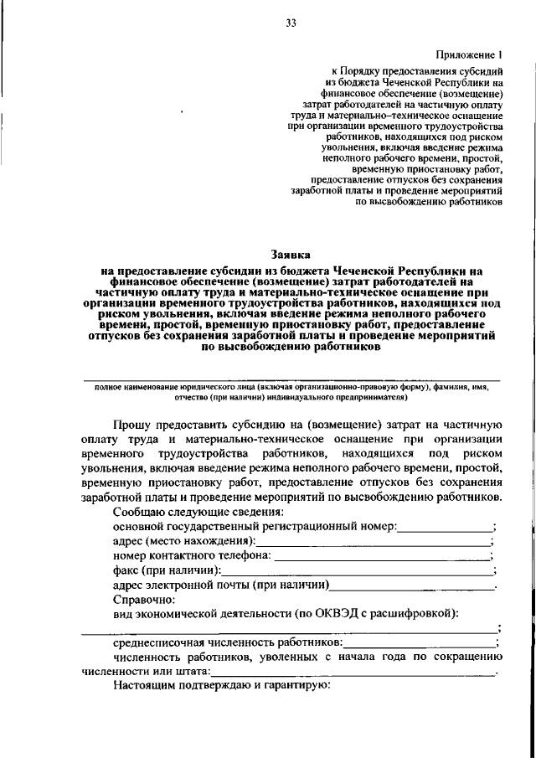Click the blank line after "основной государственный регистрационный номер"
coord(445,528)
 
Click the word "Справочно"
coord(143,600)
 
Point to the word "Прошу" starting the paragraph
coord(131,425)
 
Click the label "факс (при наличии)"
coord(163,570)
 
